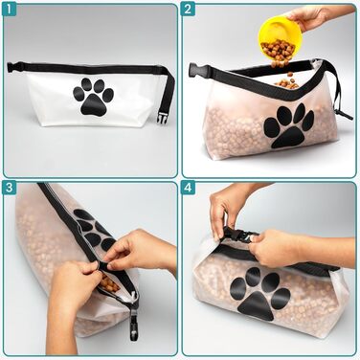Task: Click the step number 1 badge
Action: [9, 10]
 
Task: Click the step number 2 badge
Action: [188, 10]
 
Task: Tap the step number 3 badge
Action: [9, 188]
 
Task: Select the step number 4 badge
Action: [188, 188]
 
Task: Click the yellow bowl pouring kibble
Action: [280, 37]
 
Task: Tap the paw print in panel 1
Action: [94, 97]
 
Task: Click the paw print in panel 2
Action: [289, 125]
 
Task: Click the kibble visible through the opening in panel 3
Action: [109, 282]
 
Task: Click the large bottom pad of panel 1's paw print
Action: [93, 104]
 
